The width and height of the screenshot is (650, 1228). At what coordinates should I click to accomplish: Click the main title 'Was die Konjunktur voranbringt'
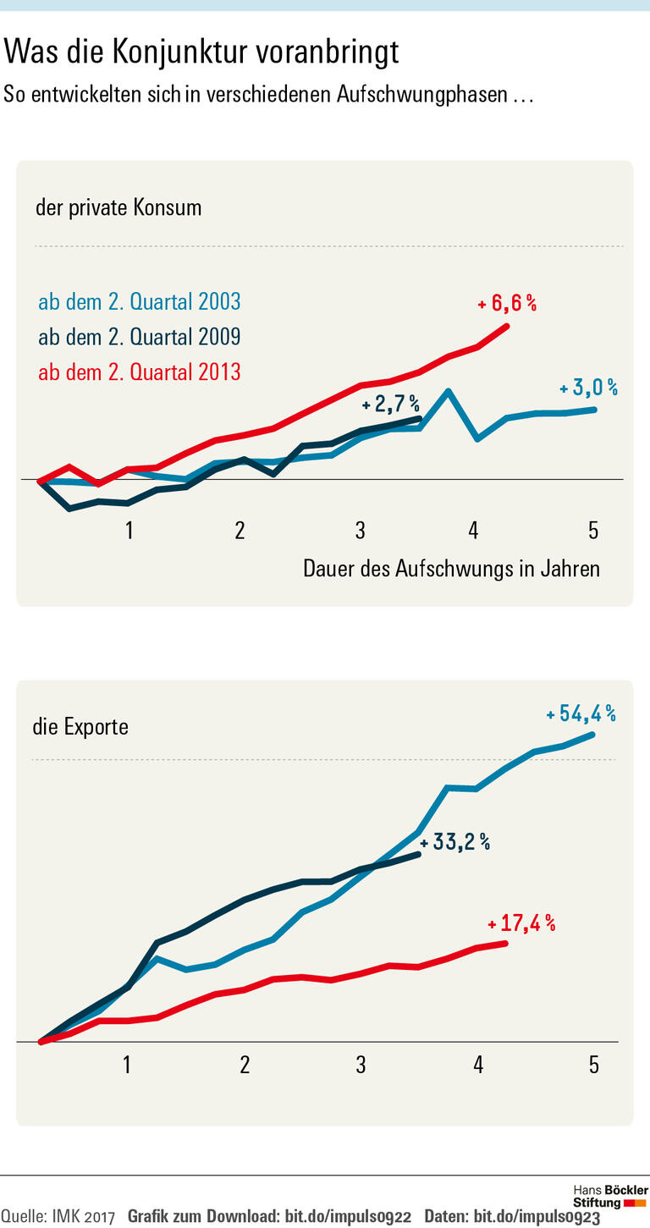point(201,52)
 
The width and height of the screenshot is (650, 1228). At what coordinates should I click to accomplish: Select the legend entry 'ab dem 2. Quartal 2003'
point(140,301)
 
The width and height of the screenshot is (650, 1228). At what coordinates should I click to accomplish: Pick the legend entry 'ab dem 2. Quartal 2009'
point(140,337)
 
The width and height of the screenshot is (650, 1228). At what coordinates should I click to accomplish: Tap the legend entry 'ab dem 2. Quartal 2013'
point(140,372)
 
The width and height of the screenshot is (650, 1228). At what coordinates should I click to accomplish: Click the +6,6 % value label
point(507,303)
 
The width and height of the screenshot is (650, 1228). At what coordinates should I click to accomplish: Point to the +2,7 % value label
point(390,405)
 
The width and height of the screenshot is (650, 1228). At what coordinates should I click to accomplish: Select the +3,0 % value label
point(588,388)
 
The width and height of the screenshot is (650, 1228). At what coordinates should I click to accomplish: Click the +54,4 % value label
point(581,713)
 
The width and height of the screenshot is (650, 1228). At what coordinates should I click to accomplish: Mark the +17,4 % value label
point(521,924)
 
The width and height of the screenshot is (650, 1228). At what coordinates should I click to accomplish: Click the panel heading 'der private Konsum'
point(118,207)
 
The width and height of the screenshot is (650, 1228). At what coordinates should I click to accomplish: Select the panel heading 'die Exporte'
point(80,726)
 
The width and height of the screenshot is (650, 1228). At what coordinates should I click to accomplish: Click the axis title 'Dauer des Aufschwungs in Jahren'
point(451,569)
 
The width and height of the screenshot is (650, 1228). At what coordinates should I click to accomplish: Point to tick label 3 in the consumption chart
point(361,531)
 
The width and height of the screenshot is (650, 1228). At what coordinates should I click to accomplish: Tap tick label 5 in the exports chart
point(593,1064)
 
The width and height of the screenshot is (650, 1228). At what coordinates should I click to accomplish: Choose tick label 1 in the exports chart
point(127,1064)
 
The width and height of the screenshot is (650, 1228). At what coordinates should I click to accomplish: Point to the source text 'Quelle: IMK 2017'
point(58,1217)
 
